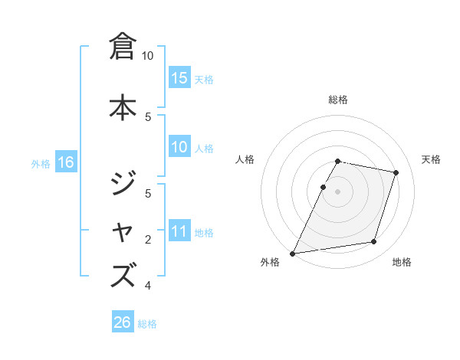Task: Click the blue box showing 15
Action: tap(179, 78)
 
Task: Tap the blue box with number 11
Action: tap(179, 232)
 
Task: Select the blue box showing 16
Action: tap(65, 162)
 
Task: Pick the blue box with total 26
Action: tap(123, 322)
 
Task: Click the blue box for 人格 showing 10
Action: tap(179, 148)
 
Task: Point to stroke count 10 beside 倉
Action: tap(148, 56)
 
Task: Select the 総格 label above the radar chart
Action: tap(338, 100)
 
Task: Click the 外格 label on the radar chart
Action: tap(270, 263)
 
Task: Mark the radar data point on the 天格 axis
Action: tap(396, 172)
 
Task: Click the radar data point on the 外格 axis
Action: tap(292, 253)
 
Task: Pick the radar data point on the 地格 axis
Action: tap(374, 242)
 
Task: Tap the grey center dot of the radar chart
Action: tap(338, 191)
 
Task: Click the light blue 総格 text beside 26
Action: tap(147, 324)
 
